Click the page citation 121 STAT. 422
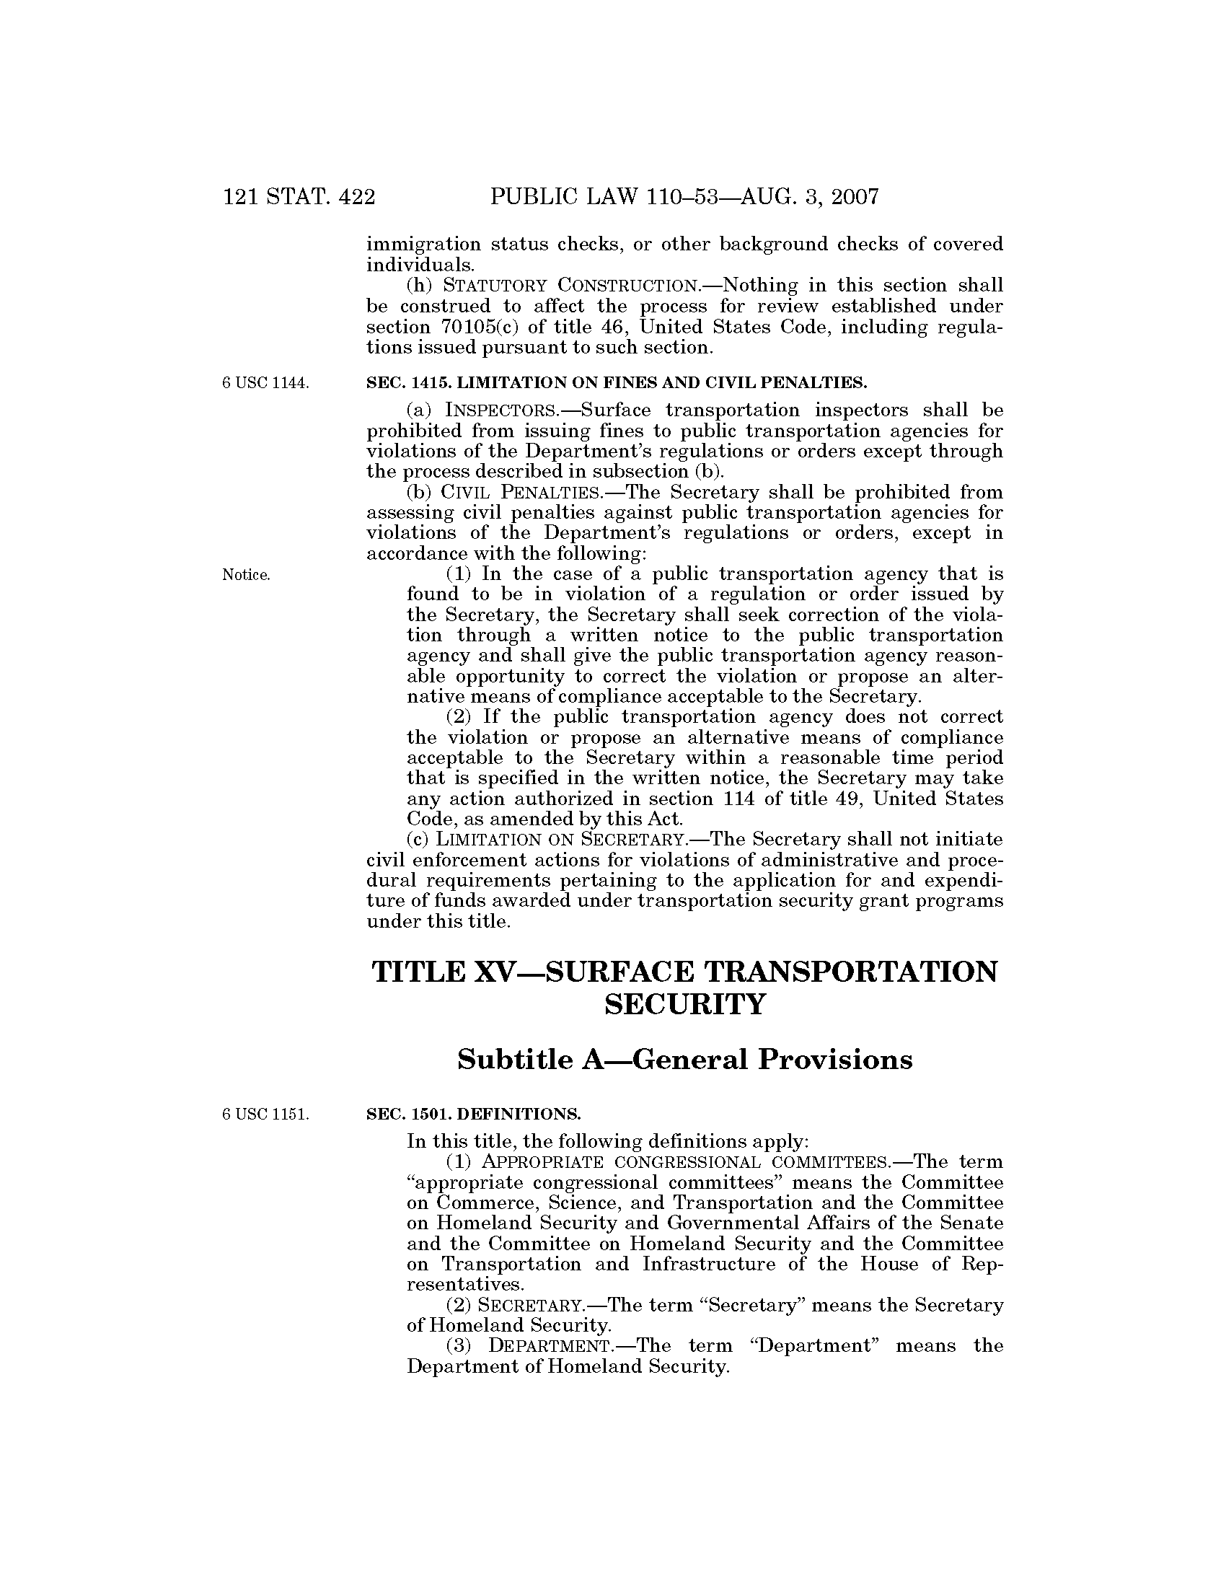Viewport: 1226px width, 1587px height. (299, 197)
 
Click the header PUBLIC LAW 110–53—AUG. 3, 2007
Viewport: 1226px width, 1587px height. (685, 197)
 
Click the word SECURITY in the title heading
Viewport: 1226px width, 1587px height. (685, 1005)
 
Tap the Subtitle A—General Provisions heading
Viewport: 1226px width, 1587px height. (685, 1060)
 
